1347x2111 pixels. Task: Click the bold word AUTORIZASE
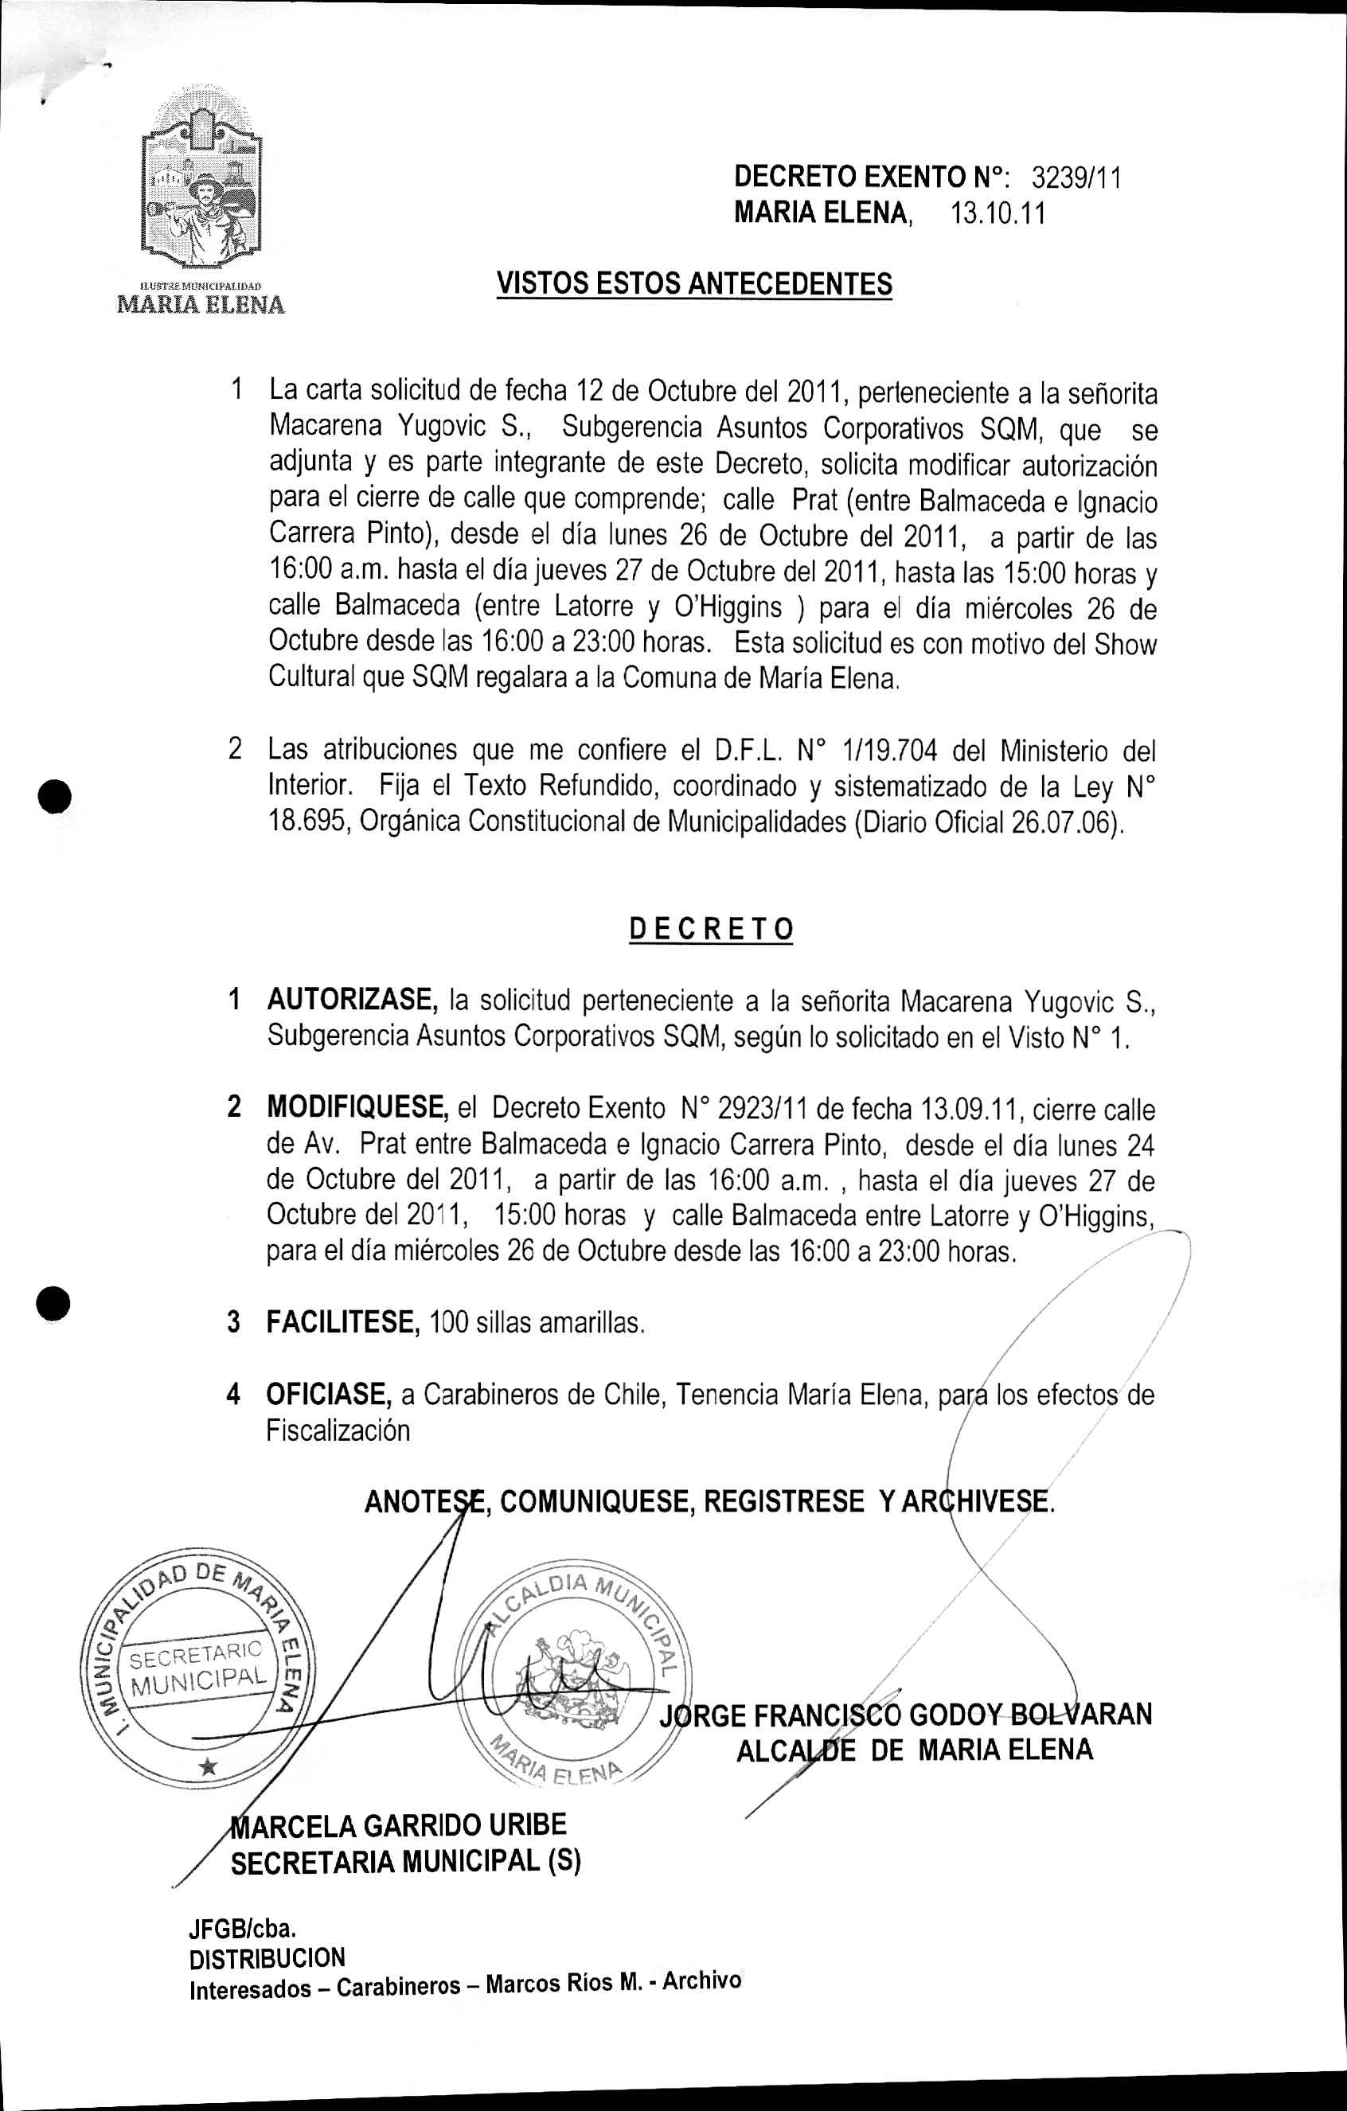[x=353, y=1000]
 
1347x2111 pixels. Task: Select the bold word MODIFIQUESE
[x=357, y=1108]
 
